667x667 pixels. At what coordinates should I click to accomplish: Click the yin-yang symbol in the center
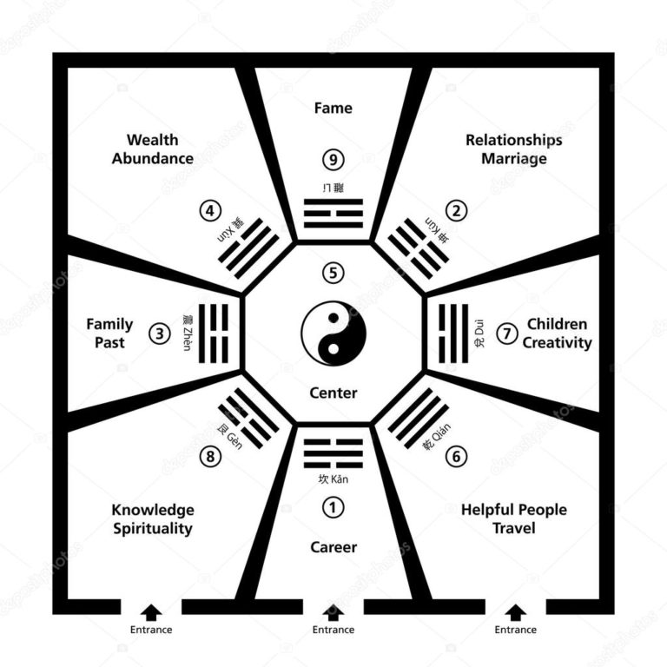333,333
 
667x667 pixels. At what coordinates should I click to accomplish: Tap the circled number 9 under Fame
333,159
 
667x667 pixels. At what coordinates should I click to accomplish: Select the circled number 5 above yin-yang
333,273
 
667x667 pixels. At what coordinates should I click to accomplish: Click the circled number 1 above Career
333,506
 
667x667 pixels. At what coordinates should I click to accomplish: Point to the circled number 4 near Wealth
209,210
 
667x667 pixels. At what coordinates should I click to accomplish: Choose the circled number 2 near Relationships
457,210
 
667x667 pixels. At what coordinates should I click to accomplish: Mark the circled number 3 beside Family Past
159,333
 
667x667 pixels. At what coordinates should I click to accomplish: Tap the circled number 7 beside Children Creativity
508,333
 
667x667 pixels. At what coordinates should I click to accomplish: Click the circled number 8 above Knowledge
209,456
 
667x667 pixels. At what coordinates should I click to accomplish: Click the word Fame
333,108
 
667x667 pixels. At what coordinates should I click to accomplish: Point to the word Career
333,547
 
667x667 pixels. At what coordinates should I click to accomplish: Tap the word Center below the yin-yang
333,393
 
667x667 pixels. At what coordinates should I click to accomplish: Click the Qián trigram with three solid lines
418,418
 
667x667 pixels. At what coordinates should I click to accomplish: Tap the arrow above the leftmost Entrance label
151,611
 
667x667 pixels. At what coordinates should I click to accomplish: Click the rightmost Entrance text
516,630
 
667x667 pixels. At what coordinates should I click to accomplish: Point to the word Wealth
152,140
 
